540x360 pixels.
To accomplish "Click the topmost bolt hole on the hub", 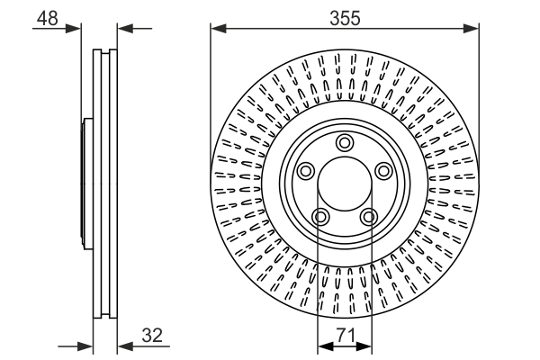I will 344,142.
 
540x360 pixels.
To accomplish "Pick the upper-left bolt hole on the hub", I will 304,171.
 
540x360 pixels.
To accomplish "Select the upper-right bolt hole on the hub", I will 383,171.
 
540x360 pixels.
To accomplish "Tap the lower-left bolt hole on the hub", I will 319,216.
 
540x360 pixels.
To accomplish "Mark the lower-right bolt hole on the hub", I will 368,216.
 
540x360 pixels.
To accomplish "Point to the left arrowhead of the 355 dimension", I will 217,29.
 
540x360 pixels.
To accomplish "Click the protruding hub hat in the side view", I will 87,184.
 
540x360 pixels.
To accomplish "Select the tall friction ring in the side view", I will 105,184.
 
